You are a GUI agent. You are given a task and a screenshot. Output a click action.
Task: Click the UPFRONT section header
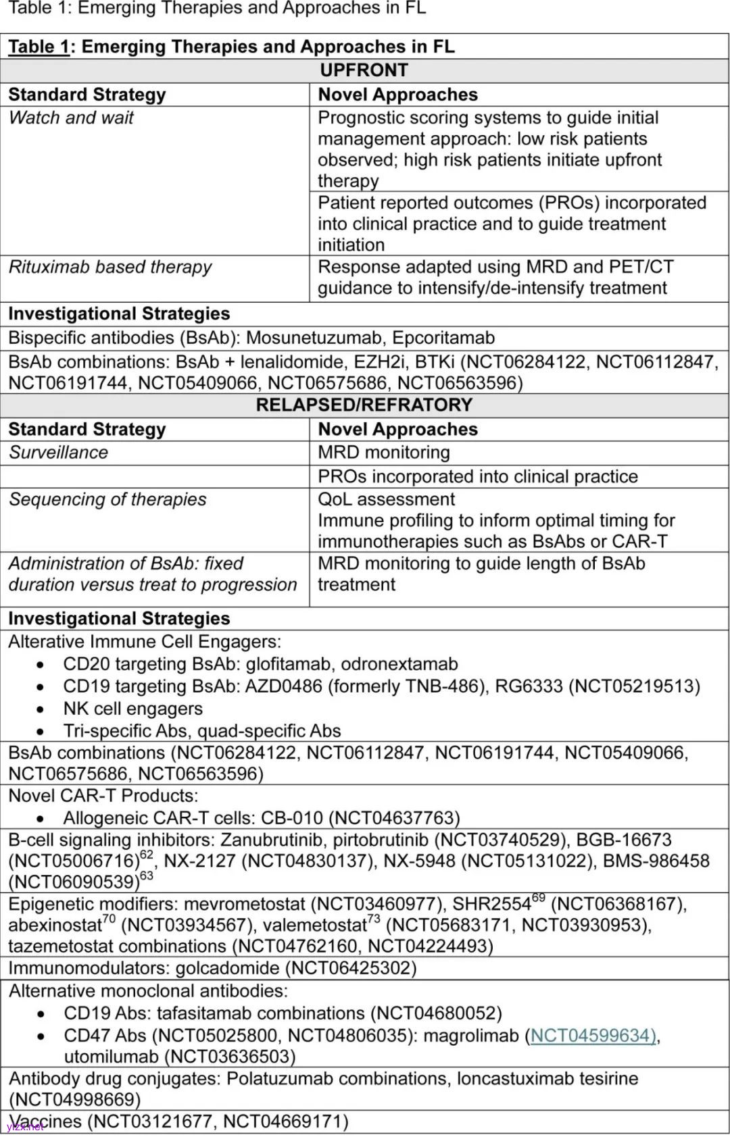tap(364, 70)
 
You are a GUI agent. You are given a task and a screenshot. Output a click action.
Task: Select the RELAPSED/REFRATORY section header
tap(364, 405)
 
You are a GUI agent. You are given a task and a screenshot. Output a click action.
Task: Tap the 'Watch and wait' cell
tap(71, 118)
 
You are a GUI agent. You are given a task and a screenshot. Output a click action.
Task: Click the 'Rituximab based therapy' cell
tap(109, 267)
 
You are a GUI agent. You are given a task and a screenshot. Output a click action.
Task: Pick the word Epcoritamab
tap(443, 338)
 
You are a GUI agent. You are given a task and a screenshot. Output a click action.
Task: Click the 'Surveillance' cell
tap(58, 453)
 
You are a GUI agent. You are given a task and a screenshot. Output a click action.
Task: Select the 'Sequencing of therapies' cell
tap(107, 499)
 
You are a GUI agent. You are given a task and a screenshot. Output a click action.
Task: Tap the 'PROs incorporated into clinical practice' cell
tap(477, 476)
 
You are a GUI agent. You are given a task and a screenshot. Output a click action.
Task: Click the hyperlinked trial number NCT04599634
tap(593, 1036)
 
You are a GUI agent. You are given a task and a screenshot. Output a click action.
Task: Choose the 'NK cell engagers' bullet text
tap(132, 709)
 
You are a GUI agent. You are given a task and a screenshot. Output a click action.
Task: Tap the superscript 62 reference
tap(146, 855)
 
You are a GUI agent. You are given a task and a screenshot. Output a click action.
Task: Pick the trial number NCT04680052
tap(439, 1013)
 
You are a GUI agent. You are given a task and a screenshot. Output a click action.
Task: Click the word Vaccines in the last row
tap(45, 1121)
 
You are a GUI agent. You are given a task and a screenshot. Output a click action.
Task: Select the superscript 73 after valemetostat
tap(374, 919)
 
